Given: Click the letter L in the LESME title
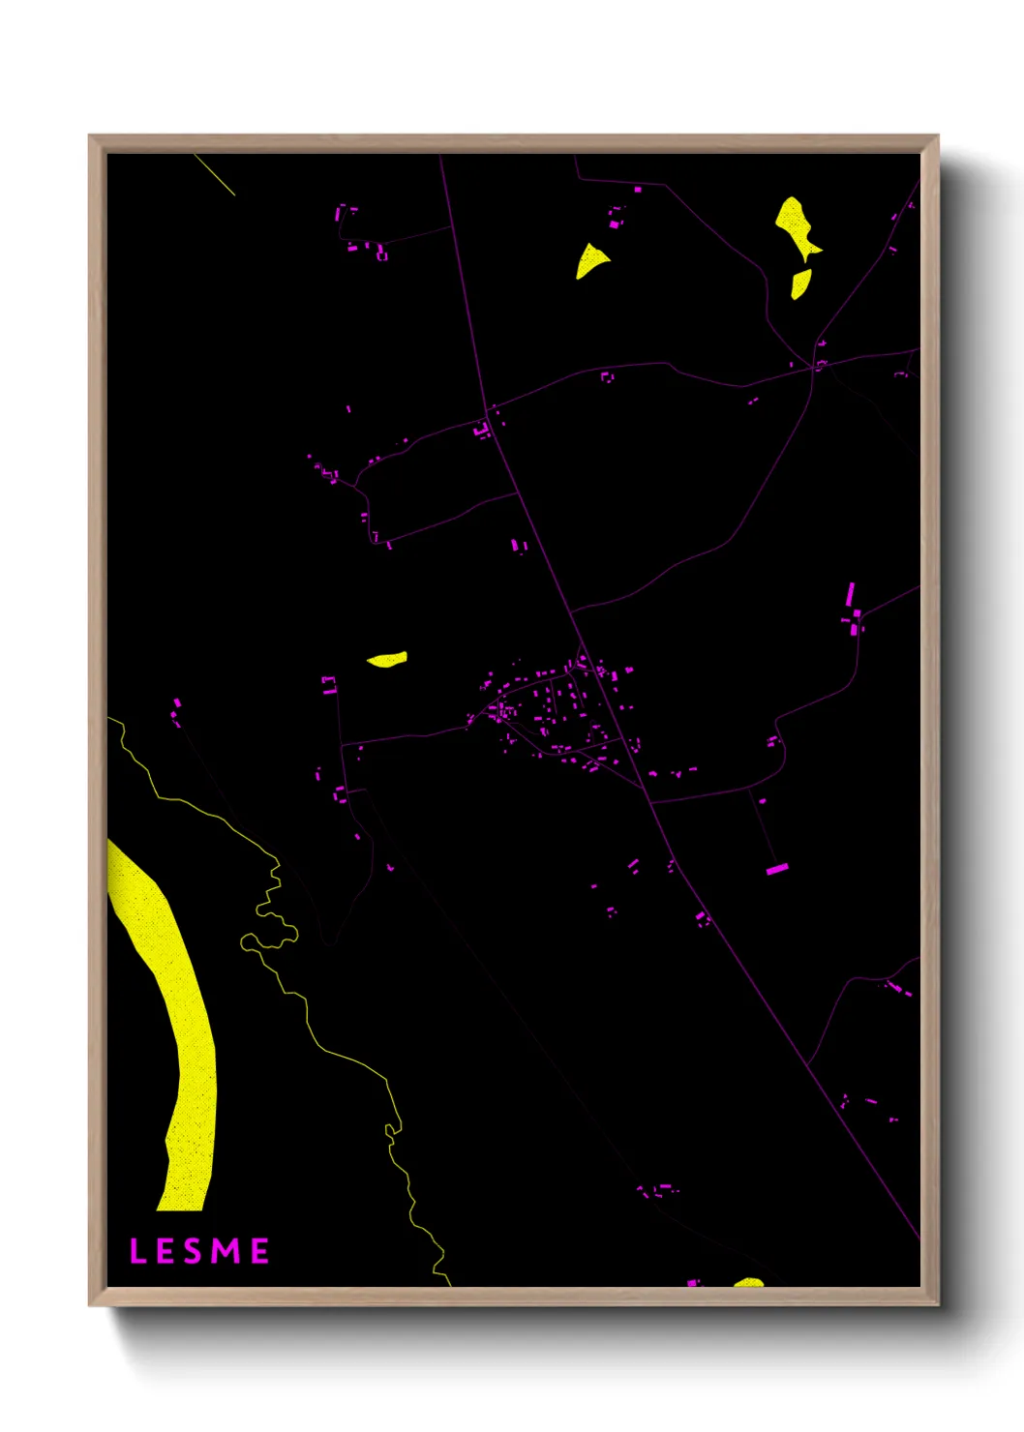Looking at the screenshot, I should pyautogui.click(x=137, y=1251).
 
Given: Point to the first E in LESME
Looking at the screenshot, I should pyautogui.click(x=166, y=1251).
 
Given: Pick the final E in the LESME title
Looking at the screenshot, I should pyautogui.click(x=259, y=1251).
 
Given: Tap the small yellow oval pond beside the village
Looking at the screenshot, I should pyautogui.click(x=387, y=660).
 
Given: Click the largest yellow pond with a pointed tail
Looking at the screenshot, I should pyautogui.click(x=795, y=225).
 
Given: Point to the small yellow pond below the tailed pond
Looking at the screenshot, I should pyautogui.click(x=800, y=283).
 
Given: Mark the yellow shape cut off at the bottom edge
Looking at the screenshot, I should pyautogui.click(x=749, y=1283).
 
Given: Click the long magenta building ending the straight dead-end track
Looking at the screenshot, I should pyautogui.click(x=777, y=869).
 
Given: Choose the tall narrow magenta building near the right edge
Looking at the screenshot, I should pyautogui.click(x=850, y=594).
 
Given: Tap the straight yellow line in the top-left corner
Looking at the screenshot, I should pyautogui.click(x=214, y=174).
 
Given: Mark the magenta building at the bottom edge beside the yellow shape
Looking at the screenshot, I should pyautogui.click(x=692, y=1283).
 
